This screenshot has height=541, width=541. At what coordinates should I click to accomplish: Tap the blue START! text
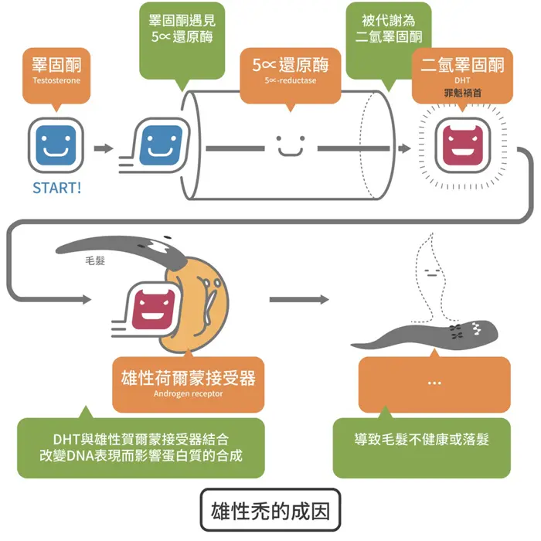(x=56, y=188)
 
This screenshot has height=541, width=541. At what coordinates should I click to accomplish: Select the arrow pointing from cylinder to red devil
(x=403, y=146)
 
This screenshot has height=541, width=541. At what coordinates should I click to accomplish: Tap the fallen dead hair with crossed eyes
(x=433, y=334)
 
